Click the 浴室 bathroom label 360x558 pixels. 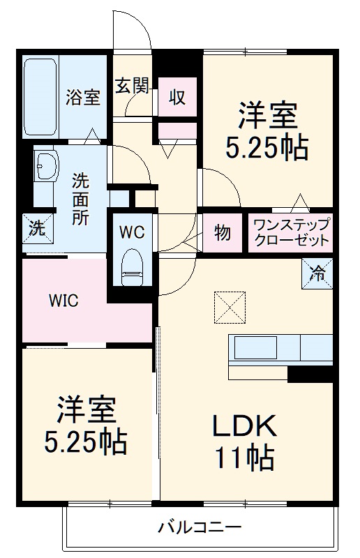[x=83, y=98]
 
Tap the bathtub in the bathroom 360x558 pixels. [x=40, y=98]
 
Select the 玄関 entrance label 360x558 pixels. [x=132, y=85]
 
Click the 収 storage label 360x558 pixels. [x=177, y=97]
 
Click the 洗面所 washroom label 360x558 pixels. [x=81, y=198]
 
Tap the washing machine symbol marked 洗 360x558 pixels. [x=36, y=227]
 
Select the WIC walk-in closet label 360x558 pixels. [x=63, y=301]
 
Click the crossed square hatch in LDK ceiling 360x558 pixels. [x=230, y=306]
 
